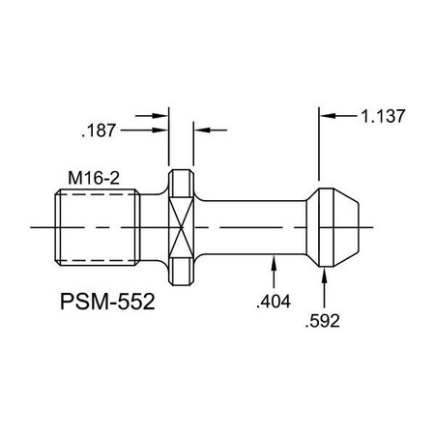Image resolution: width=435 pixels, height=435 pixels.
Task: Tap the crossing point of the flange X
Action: coord(181,226)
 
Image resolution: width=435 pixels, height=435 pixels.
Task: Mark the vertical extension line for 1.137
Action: coord(322,145)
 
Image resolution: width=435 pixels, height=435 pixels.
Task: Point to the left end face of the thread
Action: coord(49,226)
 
